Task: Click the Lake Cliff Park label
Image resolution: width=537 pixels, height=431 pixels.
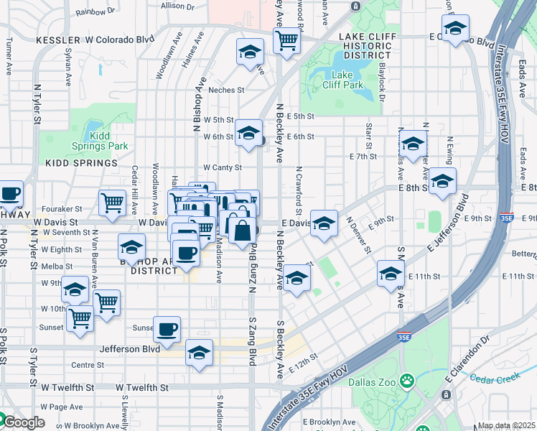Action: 347,79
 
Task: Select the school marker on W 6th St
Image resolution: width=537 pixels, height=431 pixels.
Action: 248,133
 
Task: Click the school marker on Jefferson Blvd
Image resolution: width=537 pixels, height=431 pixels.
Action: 200,352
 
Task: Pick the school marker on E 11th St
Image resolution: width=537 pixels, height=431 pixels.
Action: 391,273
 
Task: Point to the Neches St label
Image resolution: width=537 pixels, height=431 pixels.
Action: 227,91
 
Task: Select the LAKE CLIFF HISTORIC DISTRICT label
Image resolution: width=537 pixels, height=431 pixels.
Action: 357,45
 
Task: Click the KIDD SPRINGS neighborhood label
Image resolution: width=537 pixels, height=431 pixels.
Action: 81,163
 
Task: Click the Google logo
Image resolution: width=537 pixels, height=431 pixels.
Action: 23,422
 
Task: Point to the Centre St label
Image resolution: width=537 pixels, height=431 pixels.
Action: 88,365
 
